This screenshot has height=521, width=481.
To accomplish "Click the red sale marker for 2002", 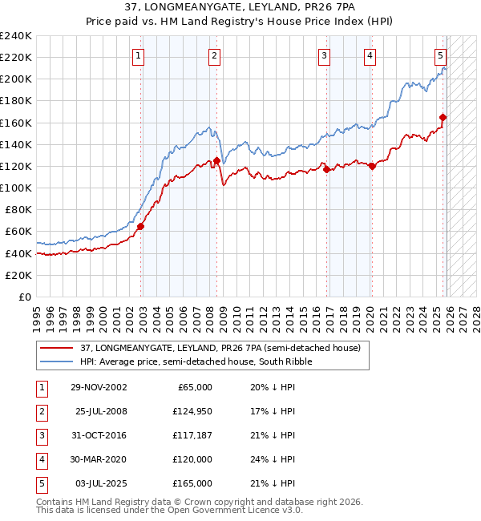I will pyautogui.click(x=140, y=226).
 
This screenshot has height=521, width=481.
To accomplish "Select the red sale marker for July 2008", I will pyautogui.click(x=216, y=161).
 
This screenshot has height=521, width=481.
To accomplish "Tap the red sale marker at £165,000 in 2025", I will pyautogui.click(x=443, y=117).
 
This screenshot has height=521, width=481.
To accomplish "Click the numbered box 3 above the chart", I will pyautogui.click(x=324, y=55).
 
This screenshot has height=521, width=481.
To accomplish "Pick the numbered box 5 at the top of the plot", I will pyautogui.click(x=441, y=55).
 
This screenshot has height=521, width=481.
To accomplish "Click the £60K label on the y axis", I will pyautogui.click(x=18, y=231).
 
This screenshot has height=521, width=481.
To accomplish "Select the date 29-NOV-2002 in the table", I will pyautogui.click(x=99, y=386).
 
